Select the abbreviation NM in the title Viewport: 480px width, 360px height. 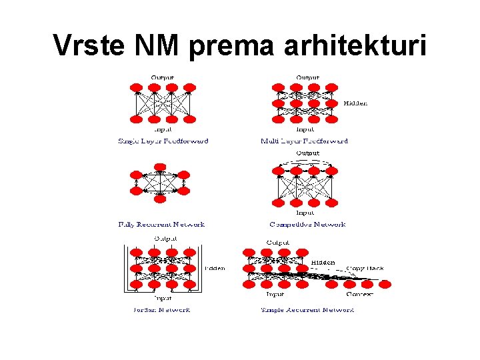click(161, 45)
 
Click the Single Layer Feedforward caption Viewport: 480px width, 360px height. click(163, 141)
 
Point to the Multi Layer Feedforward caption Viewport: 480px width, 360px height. click(305, 141)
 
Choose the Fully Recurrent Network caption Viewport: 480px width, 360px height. click(161, 225)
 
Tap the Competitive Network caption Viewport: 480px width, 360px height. click(307, 225)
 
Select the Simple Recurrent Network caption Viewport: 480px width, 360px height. click(307, 309)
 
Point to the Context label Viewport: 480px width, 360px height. click(359, 294)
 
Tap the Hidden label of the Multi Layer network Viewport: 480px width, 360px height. click(355, 103)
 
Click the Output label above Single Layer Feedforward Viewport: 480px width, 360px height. click(163, 77)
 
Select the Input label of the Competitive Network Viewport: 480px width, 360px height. click(306, 212)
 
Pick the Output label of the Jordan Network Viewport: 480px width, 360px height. click(165, 238)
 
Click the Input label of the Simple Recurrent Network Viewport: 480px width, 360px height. click(275, 294)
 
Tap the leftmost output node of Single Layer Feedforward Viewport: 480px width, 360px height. click(137, 87)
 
